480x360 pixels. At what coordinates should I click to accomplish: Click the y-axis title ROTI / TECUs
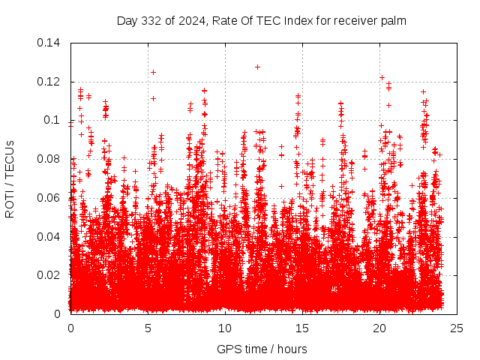10,178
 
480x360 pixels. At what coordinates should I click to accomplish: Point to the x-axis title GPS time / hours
261,349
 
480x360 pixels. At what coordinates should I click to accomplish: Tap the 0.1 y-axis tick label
54,120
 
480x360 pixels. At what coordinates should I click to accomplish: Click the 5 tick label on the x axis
148,328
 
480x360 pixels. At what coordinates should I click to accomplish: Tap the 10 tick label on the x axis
225,328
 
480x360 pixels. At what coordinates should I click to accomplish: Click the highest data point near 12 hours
257,67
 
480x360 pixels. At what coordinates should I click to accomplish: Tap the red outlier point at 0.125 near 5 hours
153,72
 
